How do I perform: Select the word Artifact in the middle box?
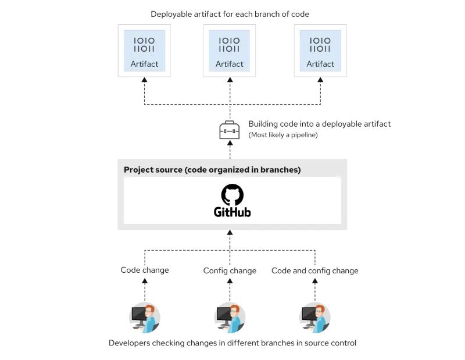point(230,64)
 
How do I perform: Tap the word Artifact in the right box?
point(320,64)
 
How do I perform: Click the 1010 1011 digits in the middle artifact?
point(230,45)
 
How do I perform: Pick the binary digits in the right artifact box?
point(320,45)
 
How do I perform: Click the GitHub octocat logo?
point(232,195)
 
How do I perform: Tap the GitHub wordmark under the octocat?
point(232,212)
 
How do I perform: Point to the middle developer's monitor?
point(224,316)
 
